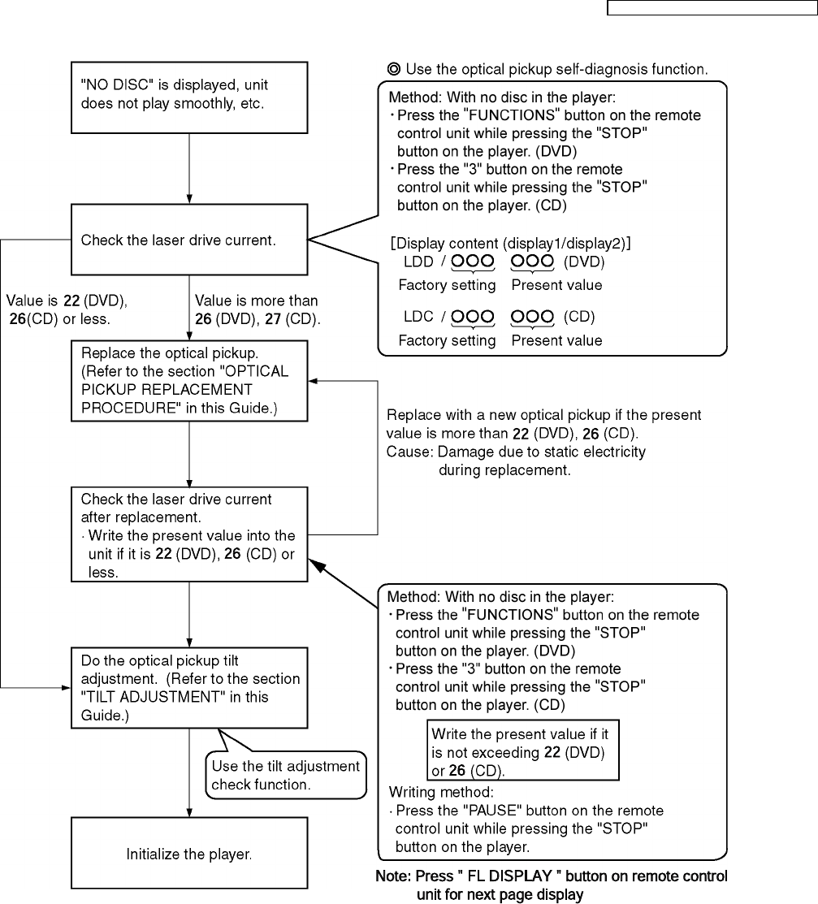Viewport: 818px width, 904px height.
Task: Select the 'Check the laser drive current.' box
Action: pos(189,240)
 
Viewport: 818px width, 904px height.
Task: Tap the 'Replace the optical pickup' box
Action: pos(189,380)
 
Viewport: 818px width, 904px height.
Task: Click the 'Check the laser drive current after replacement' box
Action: pos(189,534)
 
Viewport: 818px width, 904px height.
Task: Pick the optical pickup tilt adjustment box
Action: pos(189,686)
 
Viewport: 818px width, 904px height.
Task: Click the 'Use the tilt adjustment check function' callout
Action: pos(285,775)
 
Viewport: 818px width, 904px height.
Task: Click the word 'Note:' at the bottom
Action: pos(393,877)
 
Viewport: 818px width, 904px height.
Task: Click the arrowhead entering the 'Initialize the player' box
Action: pos(189,812)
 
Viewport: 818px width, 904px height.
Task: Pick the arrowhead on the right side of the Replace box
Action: pos(314,381)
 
